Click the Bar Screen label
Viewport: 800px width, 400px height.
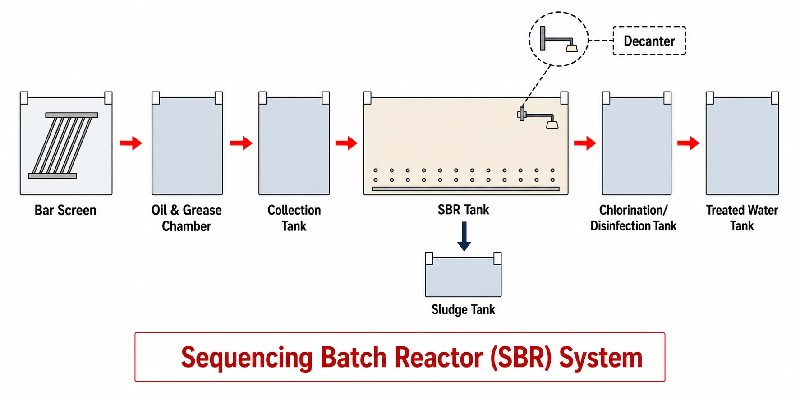[x=65, y=210]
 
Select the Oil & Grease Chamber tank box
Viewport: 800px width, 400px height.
[x=187, y=143]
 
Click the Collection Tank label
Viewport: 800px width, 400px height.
[x=294, y=218]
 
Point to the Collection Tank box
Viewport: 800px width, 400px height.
[x=294, y=143]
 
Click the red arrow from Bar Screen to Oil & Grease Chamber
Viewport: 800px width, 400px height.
[x=131, y=143]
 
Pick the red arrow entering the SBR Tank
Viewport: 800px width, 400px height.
[x=346, y=143]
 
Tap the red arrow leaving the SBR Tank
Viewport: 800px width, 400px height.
[x=585, y=143]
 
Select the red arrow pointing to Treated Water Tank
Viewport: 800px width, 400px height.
[x=688, y=143]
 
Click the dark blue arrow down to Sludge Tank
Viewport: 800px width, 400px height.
[x=464, y=236]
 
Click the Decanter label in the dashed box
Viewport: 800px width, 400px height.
[x=649, y=41]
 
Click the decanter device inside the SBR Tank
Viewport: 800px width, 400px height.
[x=538, y=117]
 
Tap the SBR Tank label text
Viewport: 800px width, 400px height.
[x=464, y=210]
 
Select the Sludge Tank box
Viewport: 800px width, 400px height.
[x=464, y=275]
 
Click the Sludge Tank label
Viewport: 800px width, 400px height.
[x=463, y=309]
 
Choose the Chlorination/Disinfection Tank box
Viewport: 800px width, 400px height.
[x=637, y=143]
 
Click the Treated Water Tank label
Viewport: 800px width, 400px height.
[x=742, y=218]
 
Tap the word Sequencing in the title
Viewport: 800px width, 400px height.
[x=247, y=358]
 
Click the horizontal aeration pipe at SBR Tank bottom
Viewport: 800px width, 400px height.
[x=466, y=189]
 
